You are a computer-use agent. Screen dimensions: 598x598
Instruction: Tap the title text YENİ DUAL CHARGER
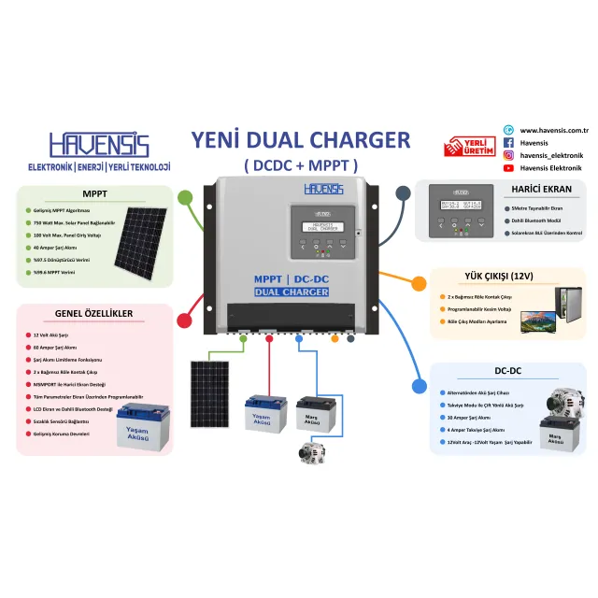click(x=300, y=140)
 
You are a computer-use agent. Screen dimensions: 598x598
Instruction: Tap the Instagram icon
click(x=508, y=155)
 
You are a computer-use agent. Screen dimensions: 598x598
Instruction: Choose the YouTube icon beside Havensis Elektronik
click(x=508, y=168)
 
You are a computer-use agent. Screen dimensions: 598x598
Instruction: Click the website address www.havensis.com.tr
click(x=559, y=130)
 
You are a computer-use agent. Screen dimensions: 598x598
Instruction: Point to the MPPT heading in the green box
click(x=94, y=195)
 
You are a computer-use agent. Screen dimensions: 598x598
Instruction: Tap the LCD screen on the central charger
click(x=319, y=227)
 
